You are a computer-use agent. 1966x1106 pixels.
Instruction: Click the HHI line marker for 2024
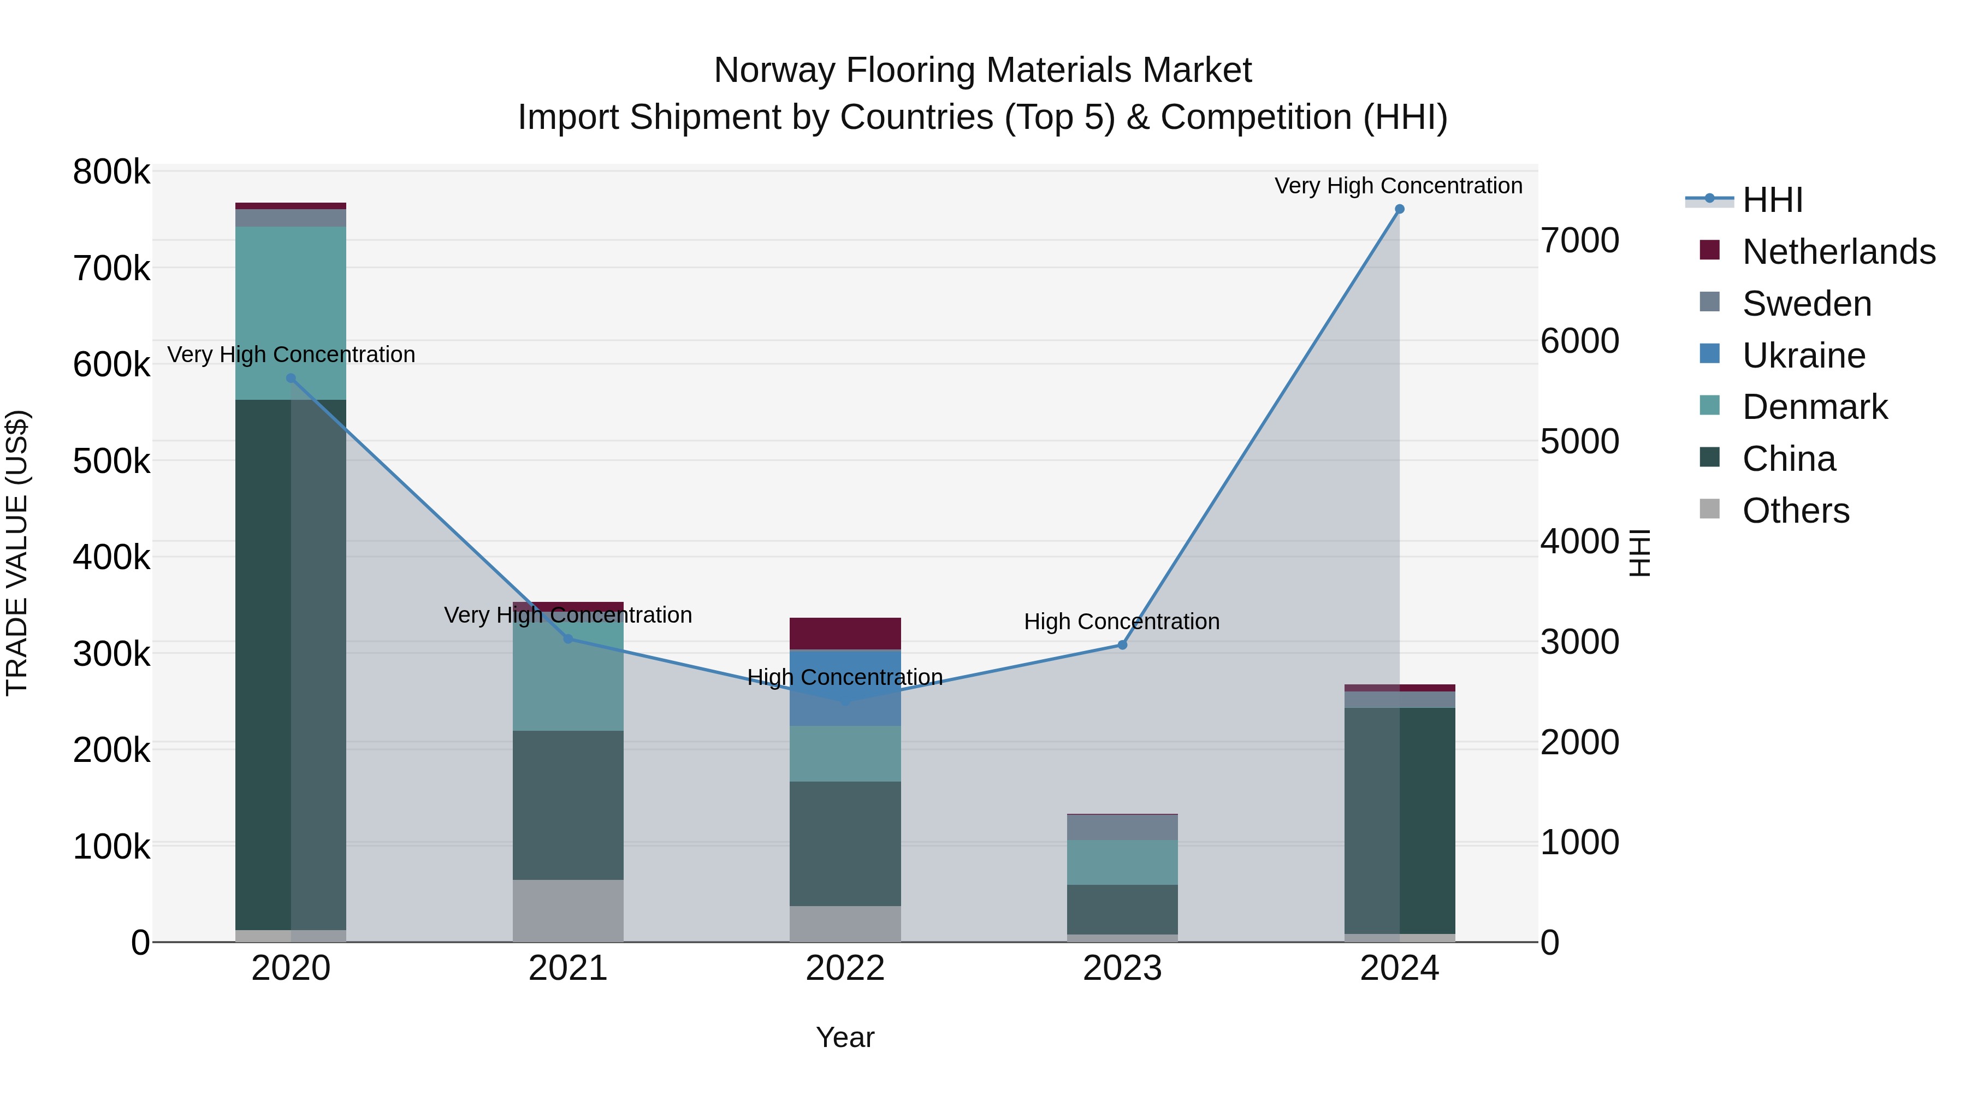1399,209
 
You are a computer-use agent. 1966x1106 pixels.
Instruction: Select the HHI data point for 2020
291,378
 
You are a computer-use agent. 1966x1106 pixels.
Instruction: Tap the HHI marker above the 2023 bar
1122,645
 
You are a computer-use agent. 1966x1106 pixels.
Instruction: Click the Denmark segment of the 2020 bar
291,313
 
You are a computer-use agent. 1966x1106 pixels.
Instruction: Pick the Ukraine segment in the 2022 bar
845,687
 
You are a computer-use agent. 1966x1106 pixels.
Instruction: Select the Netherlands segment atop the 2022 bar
845,634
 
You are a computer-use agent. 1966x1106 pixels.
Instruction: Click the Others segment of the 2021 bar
568,910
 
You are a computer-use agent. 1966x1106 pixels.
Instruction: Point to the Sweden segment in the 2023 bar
1122,827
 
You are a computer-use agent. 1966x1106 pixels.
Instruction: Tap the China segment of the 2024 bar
1399,820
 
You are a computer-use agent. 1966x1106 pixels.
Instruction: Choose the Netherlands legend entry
1838,252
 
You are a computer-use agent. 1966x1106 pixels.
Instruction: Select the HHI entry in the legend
1772,200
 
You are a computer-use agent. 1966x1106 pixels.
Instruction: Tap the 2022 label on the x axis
845,968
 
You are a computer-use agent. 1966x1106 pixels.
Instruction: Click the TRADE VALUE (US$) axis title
17,553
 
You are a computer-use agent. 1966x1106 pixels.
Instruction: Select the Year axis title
845,1037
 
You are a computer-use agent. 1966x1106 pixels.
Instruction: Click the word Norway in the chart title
771,70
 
